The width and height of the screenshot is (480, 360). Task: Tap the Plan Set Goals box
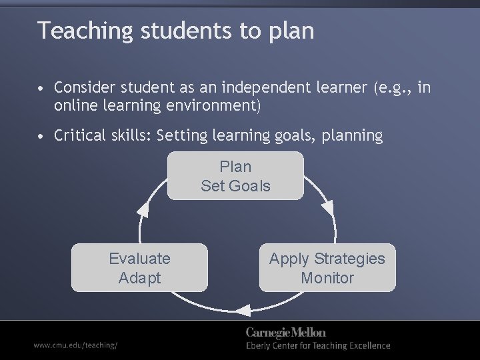pos(235,176)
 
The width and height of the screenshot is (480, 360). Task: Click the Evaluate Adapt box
pos(139,268)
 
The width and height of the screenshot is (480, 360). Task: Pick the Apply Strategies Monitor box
pos(327,268)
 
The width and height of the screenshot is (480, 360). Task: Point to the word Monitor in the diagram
pos(327,278)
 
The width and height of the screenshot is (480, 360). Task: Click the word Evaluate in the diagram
pos(139,259)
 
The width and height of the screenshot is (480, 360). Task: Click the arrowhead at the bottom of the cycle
pos(242,309)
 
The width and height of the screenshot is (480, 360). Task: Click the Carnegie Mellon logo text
pos(286,332)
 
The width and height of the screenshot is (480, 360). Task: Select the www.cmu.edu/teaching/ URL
pos(76,345)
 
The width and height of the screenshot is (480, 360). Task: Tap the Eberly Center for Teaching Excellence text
pos(318,345)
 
